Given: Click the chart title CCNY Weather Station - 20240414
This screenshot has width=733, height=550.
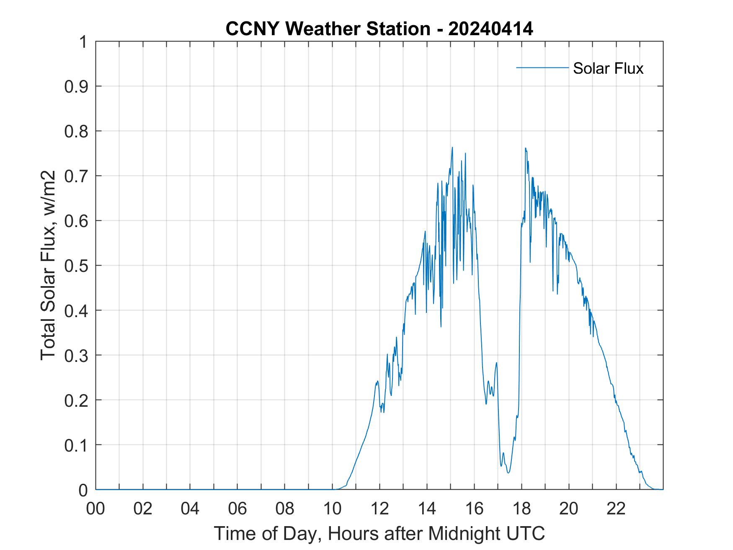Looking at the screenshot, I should [379, 29].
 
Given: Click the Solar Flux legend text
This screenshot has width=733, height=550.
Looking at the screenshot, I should [608, 68].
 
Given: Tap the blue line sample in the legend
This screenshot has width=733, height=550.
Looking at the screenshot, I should [542, 67].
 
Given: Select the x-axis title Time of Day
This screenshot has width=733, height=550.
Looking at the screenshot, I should [379, 533].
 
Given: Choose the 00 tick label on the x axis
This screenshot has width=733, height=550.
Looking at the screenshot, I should [95, 509].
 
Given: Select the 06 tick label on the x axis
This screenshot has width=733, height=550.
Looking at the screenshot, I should [237, 509].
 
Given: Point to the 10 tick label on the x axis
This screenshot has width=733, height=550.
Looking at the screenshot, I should [332, 509].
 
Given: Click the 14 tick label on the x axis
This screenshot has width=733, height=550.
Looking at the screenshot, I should [427, 509].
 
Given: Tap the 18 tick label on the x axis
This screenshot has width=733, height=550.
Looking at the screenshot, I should [521, 509].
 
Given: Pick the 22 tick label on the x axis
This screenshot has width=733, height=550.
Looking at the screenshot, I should [616, 509].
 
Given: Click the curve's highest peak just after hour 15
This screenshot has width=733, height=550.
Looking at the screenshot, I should [452, 147].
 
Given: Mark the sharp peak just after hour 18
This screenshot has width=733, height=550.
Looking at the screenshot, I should [525, 148].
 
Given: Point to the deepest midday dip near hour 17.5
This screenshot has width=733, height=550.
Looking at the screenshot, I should [508, 473].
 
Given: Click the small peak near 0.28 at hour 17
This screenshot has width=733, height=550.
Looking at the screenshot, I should [496, 363].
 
